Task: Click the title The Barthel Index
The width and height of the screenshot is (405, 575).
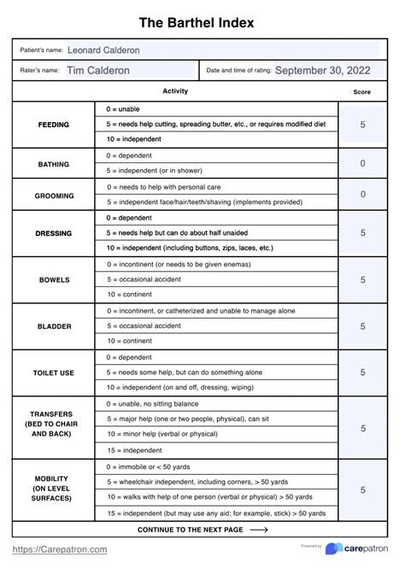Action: (202, 23)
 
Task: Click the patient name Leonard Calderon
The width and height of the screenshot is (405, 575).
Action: (103, 50)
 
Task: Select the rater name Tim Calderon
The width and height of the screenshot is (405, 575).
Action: (98, 71)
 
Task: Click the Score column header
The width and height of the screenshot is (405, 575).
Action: (362, 92)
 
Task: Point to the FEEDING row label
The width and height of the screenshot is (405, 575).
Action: (54, 125)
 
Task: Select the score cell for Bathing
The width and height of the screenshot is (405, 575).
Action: (362, 163)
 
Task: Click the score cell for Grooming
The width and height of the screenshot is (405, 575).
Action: (362, 195)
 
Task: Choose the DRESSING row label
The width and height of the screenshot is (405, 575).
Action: (54, 233)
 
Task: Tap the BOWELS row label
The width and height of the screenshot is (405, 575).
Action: (54, 279)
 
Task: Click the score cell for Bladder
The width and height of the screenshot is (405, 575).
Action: (362, 326)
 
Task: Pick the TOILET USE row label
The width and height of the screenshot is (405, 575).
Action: (54, 373)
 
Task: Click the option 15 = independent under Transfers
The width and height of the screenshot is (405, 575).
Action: (135, 449)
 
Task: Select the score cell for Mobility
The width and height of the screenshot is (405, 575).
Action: (362, 490)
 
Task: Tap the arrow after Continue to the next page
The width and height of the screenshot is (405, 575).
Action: (259, 530)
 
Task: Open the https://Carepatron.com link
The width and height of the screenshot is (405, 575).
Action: (60, 549)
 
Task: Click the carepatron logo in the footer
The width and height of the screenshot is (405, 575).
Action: (357, 549)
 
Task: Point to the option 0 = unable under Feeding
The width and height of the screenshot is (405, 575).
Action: (123, 109)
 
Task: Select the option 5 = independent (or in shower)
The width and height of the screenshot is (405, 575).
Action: (160, 171)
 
